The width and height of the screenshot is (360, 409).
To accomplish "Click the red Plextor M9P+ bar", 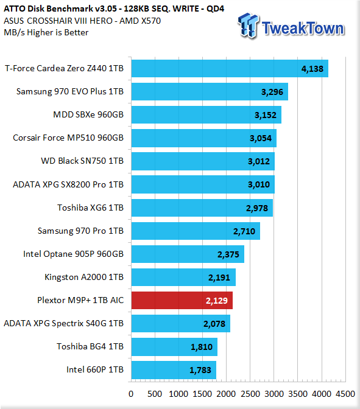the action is tap(182, 300).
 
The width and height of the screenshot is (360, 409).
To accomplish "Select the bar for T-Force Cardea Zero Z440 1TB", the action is tap(230, 68).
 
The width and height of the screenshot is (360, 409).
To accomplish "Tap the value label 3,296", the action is tap(272, 92).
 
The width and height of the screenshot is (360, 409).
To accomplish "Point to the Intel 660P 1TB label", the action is tap(95, 369).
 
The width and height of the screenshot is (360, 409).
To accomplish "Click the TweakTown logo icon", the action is tap(249, 26).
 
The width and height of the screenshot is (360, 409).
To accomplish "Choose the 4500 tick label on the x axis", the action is tap(345, 394).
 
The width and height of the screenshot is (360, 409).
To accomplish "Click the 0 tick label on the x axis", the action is tap(131, 394).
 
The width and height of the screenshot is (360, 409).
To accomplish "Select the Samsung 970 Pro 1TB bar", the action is tap(196, 231).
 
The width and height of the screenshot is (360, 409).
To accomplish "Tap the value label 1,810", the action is tap(202, 347).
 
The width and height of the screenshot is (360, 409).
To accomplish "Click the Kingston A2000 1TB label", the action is tap(84, 277).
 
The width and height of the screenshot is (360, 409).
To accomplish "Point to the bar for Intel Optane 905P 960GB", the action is tap(188, 254).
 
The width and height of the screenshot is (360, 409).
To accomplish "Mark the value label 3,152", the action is tap(266, 115).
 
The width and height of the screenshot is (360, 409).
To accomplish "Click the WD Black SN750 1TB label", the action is tap(82, 161).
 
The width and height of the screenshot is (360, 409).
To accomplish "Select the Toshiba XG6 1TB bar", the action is tap(202, 208).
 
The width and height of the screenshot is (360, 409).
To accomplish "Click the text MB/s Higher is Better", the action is tap(46, 32).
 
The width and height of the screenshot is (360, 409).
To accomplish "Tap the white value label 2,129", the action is tap(217, 301).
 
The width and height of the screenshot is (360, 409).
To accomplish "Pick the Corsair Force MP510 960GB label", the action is tap(68, 138).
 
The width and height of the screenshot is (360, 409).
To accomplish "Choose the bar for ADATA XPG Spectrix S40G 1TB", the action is tap(181, 323).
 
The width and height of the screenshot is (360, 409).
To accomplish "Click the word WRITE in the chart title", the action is tap(186, 9).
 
